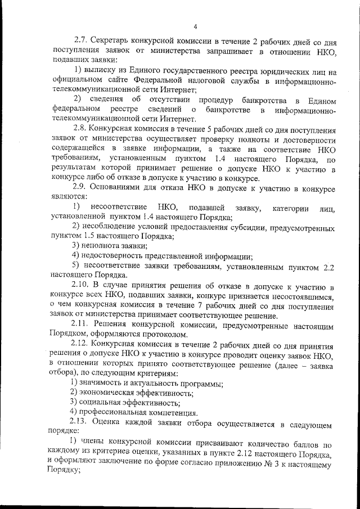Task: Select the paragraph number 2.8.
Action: (82, 129)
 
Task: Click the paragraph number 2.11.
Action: (83, 326)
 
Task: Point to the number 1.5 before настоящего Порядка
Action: (89, 237)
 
